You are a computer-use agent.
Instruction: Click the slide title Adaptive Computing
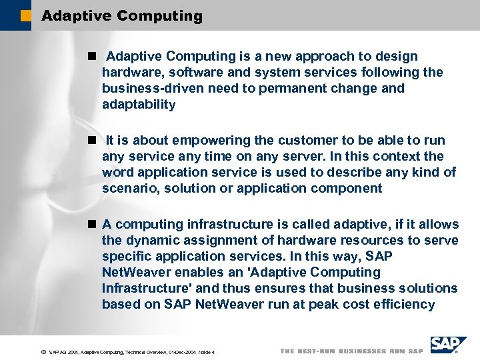[x=121, y=16]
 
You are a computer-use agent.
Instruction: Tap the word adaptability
[x=139, y=105]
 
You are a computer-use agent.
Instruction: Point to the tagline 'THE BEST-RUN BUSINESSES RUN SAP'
[x=351, y=351]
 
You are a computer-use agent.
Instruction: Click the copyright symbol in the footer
[x=43, y=351]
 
